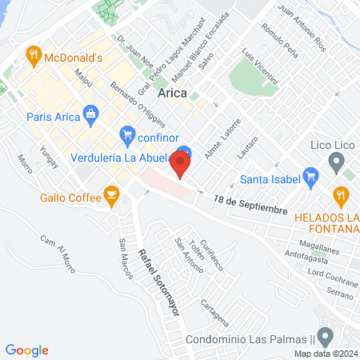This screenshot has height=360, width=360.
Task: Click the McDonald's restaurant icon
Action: tap(33, 56)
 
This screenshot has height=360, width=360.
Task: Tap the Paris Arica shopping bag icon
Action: tap(92, 115)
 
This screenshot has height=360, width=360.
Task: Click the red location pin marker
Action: tap(181, 166)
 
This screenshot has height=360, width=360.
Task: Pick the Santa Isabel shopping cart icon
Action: tap(237, 180)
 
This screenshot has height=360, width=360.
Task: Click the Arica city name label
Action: tap(174, 94)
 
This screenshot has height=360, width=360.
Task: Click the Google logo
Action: tap(27, 350)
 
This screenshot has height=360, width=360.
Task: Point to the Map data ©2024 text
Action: tap(324, 353)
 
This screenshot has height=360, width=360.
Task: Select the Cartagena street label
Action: tap(221, 314)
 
